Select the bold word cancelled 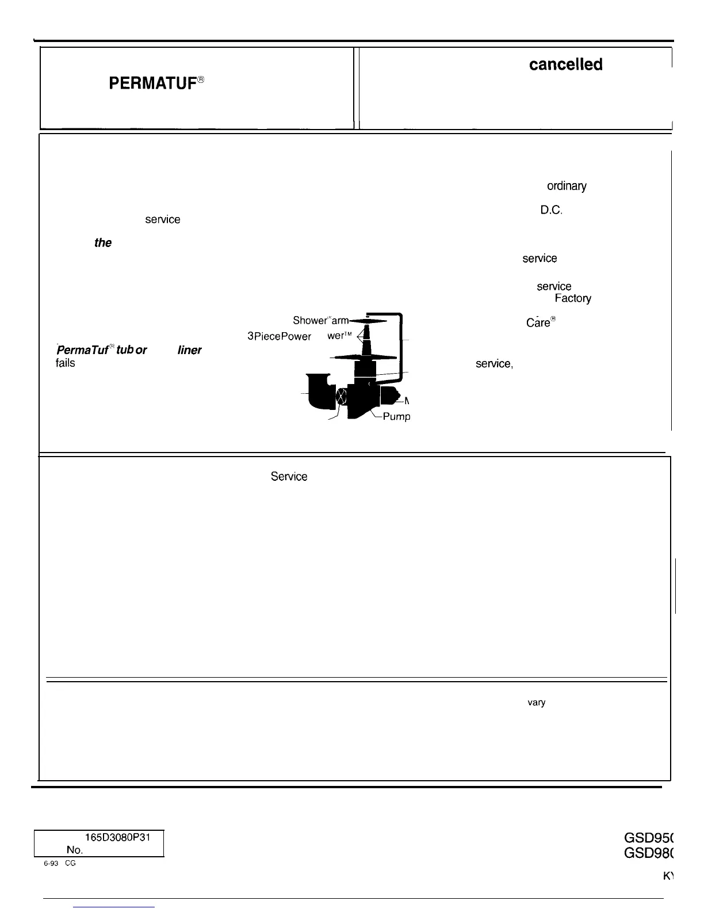click(x=565, y=64)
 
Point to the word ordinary click(x=567, y=186)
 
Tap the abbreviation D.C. click(x=550, y=210)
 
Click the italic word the click(x=103, y=242)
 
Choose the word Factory click(x=572, y=298)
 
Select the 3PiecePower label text click(x=279, y=336)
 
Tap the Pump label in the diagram click(x=396, y=416)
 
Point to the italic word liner click(x=189, y=350)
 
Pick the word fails click(x=66, y=363)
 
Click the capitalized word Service click(x=289, y=477)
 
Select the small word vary click(x=536, y=702)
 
